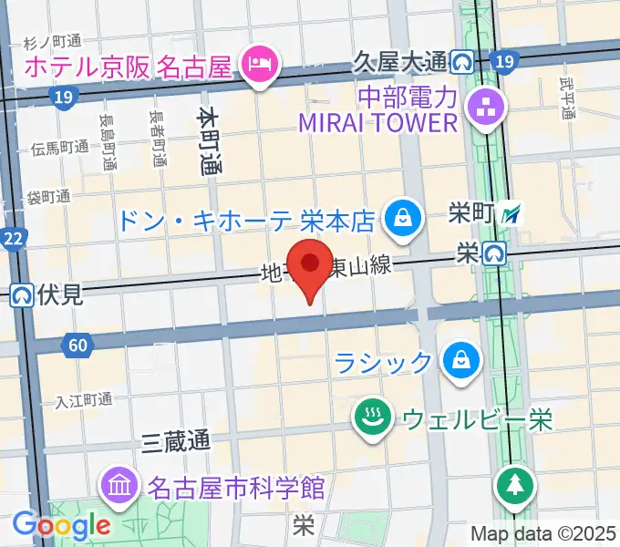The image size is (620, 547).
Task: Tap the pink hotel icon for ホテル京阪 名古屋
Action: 262,64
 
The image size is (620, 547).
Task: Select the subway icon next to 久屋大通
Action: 460,62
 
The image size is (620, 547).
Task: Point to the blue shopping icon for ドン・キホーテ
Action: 400,219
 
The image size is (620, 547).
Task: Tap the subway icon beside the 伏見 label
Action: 23,294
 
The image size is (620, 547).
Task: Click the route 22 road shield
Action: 14,239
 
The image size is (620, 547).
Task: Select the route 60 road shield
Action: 77,345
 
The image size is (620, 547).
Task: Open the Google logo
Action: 61,524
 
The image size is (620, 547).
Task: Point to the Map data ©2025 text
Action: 543,532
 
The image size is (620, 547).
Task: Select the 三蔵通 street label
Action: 177,442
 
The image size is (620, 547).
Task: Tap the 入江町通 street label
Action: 83,399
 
